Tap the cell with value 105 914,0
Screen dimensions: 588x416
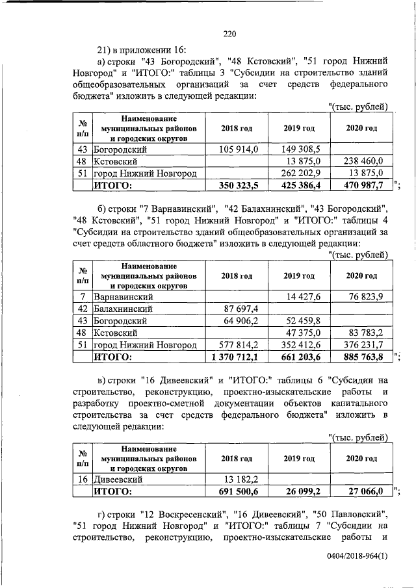tap(240, 149)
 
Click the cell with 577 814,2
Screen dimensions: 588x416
tap(238, 344)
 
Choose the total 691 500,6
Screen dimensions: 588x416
tap(239, 492)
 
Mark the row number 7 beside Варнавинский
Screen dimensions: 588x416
tap(83, 297)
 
